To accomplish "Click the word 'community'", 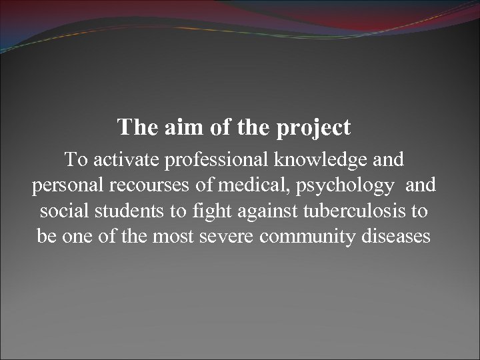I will pyautogui.click(x=306, y=237).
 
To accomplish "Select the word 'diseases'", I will pyautogui.click(x=395, y=236).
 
